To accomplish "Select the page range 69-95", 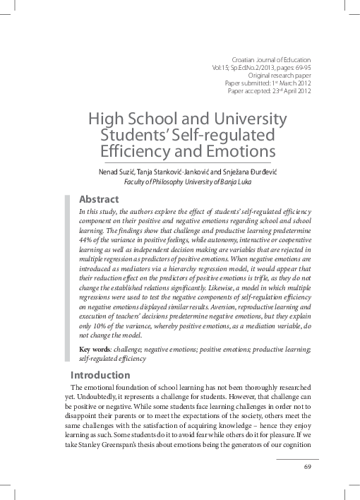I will click(299, 69).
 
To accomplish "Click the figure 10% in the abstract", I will click(105, 328).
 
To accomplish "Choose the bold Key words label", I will click(95, 349).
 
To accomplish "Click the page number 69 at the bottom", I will click(307, 467).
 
